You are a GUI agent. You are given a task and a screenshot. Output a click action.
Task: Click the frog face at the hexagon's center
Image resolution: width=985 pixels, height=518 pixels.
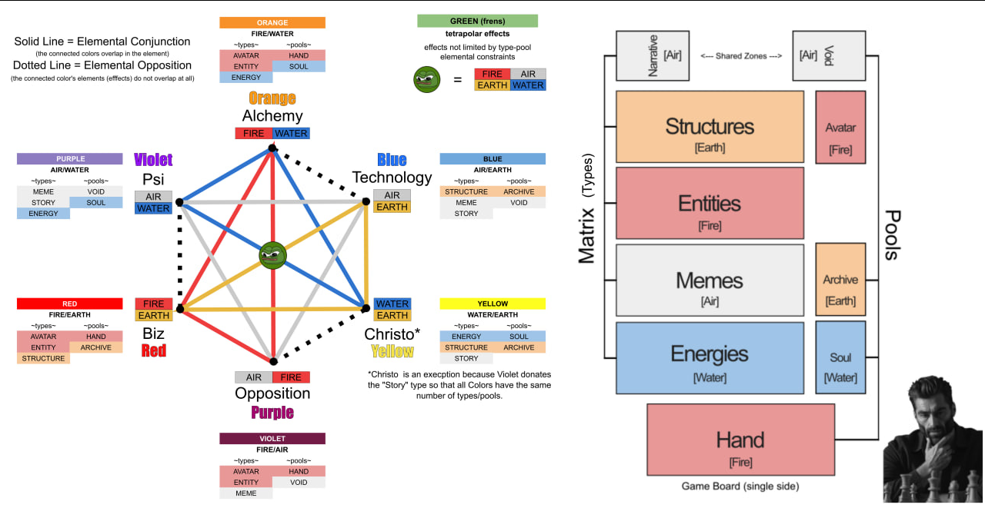tap(272, 255)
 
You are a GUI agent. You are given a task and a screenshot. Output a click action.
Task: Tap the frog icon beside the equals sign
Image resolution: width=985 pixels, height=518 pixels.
tap(427, 79)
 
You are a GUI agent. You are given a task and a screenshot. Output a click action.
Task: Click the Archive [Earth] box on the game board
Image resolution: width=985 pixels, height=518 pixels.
tap(840, 280)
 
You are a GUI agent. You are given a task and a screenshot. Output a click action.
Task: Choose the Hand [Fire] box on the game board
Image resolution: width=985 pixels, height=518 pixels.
tap(740, 440)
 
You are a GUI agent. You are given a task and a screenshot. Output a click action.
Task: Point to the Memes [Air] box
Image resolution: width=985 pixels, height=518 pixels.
tap(710, 281)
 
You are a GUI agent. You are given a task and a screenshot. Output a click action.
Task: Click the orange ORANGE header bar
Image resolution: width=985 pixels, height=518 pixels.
tap(272, 23)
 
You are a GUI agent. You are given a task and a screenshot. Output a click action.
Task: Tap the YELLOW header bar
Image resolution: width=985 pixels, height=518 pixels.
tap(492, 304)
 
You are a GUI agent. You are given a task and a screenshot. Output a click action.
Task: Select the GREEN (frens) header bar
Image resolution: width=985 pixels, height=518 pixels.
tap(477, 21)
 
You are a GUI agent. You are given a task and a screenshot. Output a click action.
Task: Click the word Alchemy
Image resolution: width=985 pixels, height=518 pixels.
tap(272, 116)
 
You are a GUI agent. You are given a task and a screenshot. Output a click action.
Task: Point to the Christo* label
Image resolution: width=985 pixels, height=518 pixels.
tap(392, 334)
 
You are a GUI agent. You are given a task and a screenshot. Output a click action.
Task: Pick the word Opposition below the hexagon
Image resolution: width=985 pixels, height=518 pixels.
tap(272, 393)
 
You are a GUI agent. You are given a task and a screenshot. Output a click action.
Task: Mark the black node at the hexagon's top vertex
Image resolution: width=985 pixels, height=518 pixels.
tap(272, 148)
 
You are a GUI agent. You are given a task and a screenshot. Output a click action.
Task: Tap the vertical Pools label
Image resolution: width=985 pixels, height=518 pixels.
tap(892, 234)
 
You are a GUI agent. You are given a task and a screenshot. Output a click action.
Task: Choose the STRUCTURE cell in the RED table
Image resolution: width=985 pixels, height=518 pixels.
tap(43, 358)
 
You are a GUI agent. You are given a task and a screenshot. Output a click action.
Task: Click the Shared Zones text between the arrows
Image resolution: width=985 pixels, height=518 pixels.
tap(742, 56)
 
